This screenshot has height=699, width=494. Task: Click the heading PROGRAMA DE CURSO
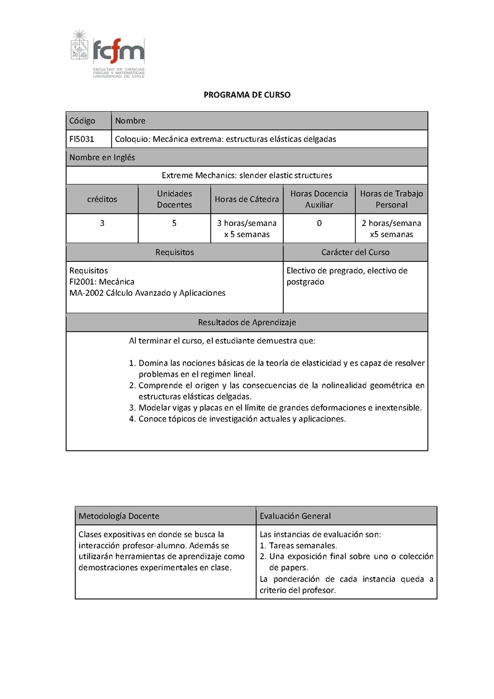(247, 95)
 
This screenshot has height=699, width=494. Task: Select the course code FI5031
(82, 139)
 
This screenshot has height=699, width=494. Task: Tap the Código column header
(82, 121)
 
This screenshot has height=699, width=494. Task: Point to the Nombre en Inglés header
(102, 157)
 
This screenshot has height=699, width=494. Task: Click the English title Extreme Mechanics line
(247, 175)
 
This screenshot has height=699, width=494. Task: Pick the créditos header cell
(102, 199)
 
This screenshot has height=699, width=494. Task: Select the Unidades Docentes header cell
(175, 199)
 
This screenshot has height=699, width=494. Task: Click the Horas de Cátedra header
(247, 199)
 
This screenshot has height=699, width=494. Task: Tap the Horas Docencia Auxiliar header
(319, 199)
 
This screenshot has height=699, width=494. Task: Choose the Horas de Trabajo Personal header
(391, 199)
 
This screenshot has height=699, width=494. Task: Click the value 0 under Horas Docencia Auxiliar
(319, 223)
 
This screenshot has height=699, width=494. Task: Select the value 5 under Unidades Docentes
(175, 223)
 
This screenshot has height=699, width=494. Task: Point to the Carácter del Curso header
(355, 252)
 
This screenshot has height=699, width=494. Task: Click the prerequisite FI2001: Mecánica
(102, 282)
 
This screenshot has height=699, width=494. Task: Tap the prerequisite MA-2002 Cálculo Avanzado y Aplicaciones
(147, 293)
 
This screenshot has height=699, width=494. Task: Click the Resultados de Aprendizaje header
(247, 322)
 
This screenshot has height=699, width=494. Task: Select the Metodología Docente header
(118, 516)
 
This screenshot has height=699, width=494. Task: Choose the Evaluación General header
(295, 516)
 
